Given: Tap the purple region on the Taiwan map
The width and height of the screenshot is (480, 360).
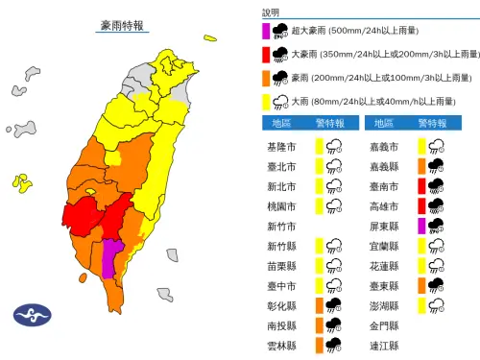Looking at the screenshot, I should tap(112, 256).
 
